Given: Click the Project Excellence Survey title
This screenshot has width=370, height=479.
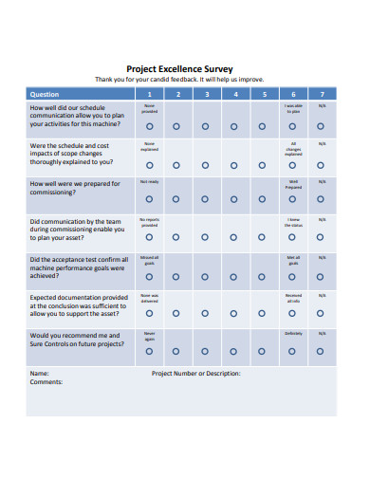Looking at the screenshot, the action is (x=186, y=68).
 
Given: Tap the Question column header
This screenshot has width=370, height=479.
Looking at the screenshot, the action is (x=46, y=94).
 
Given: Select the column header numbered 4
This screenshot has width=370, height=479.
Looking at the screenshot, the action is (x=235, y=94).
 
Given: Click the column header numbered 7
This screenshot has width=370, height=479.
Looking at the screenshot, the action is (x=322, y=94).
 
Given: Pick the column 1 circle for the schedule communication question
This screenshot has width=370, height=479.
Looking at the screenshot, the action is (x=149, y=125).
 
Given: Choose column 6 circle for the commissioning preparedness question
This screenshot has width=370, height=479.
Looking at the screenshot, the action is (x=293, y=198).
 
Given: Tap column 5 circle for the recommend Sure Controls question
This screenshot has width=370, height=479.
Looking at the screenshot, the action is (x=265, y=350).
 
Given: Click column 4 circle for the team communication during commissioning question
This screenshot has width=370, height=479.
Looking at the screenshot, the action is (x=235, y=237).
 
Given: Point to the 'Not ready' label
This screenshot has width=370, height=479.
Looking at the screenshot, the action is (x=149, y=181).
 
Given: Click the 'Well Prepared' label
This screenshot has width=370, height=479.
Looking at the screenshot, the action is (x=293, y=184).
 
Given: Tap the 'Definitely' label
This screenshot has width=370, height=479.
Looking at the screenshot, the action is (x=293, y=334).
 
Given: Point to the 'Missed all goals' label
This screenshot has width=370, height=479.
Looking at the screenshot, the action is (x=149, y=260).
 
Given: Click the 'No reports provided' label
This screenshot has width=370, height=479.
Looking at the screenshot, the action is (x=149, y=222).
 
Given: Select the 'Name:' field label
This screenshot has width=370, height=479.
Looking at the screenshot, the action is (x=39, y=373).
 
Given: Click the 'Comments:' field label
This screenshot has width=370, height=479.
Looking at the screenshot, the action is (x=46, y=382).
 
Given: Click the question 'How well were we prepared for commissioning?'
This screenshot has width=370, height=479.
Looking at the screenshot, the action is (x=74, y=188).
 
